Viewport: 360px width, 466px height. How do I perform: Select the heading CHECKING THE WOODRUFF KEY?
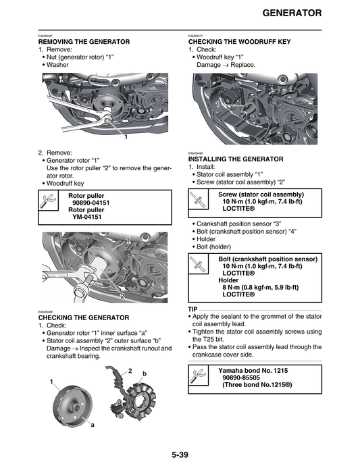coord(239,42)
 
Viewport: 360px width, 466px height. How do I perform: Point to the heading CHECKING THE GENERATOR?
coord(83,317)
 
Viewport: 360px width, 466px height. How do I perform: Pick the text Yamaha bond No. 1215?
coord(255,371)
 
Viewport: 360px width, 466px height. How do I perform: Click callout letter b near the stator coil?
coord(144,373)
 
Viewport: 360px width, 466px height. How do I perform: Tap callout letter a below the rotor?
coord(92,425)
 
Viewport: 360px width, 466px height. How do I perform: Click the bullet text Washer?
coord(59,65)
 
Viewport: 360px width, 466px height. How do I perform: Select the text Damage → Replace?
coord(226,65)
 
